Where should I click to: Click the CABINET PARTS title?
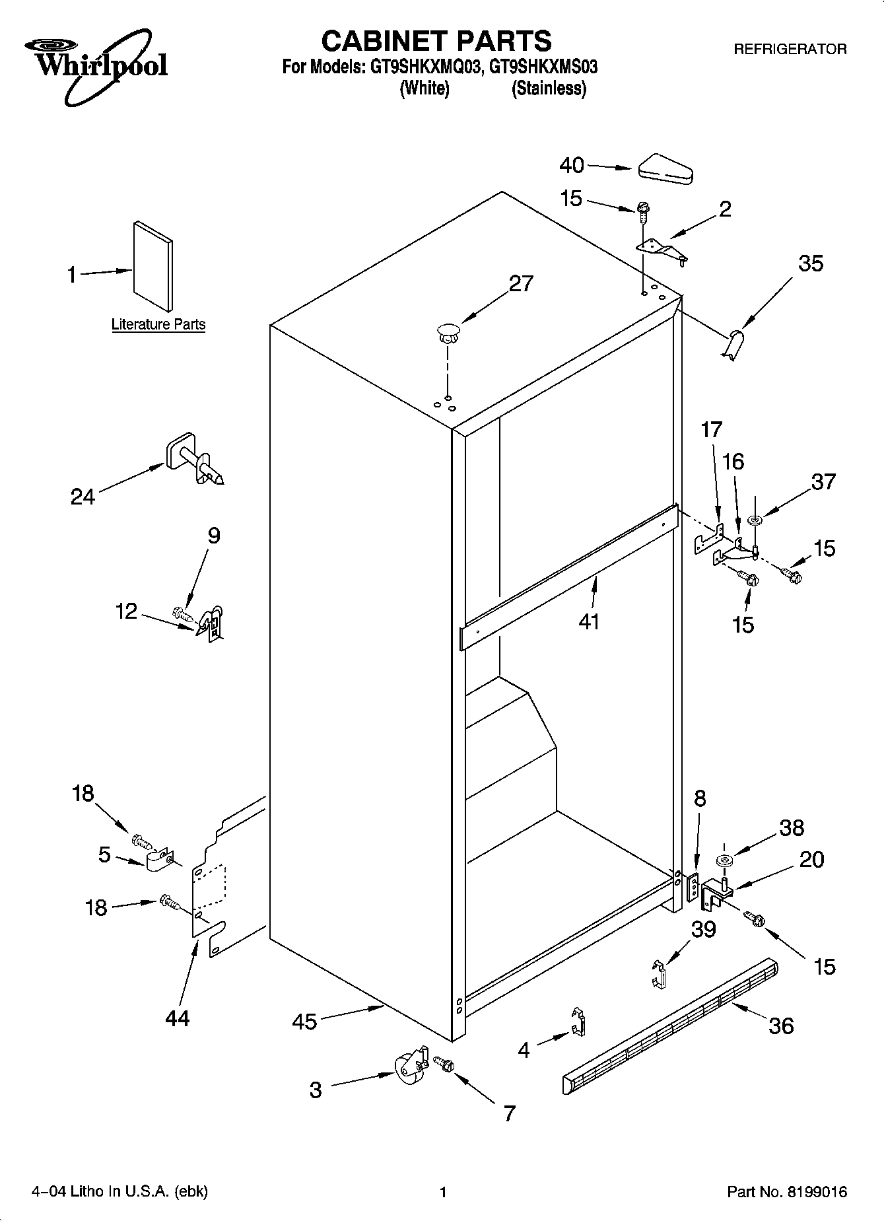tap(436, 41)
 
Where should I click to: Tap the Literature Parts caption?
tap(158, 324)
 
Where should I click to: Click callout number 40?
tap(572, 165)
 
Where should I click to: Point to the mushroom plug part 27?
tap(448, 332)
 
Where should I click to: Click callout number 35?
tap(811, 263)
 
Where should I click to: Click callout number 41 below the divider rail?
tap(588, 621)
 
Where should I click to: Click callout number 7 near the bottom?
tap(508, 1113)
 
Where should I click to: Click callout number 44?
tap(177, 1018)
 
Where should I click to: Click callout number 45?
tap(304, 1022)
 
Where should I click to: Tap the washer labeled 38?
tap(724, 860)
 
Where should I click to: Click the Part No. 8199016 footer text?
tap(786, 1192)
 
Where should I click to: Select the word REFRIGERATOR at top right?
tap(790, 49)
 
